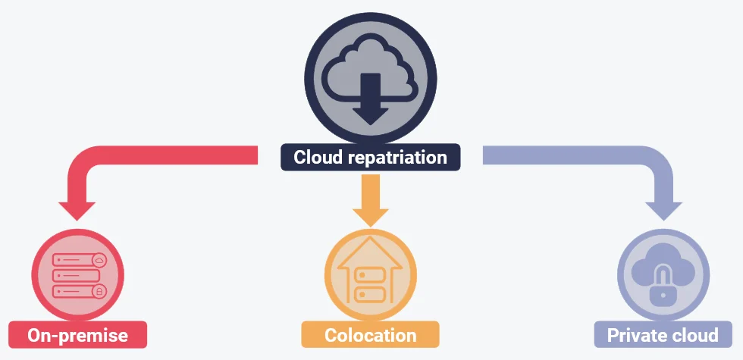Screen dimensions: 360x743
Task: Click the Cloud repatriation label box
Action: pyautogui.click(x=370, y=157)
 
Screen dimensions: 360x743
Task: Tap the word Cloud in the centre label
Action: pyautogui.click(x=314, y=158)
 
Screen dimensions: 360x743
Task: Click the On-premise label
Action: pyautogui.click(x=77, y=335)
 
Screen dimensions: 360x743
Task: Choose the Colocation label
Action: pyautogui.click(x=370, y=335)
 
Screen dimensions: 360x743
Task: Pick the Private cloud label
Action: pyautogui.click(x=663, y=335)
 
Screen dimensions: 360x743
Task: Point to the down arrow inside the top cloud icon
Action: pyautogui.click(x=370, y=99)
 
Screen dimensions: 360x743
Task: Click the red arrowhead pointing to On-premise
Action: pyautogui.click(x=77, y=208)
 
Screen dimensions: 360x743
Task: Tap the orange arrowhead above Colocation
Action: pyautogui.click(x=370, y=215)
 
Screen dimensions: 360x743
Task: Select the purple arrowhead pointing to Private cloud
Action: pyautogui.click(x=663, y=208)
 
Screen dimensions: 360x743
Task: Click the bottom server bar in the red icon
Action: pyautogui.click(x=78, y=292)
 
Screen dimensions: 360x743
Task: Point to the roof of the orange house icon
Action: pyautogui.click(x=370, y=252)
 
